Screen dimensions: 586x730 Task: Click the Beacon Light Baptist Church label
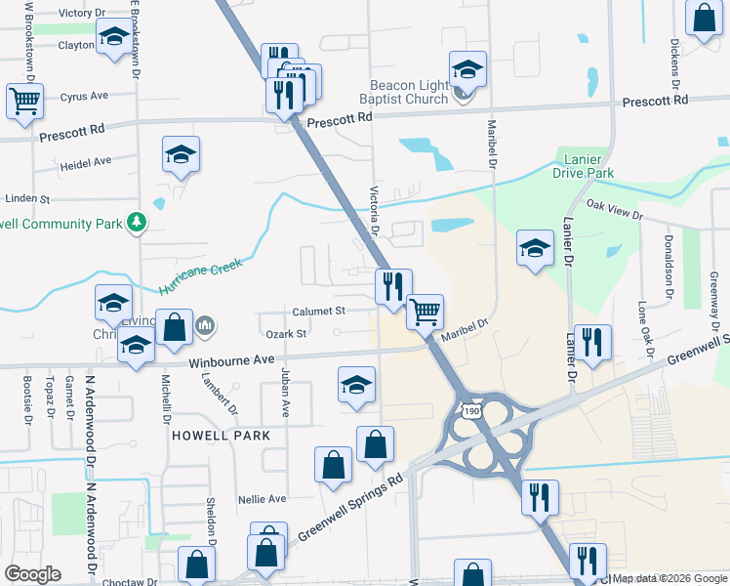tap(409, 92)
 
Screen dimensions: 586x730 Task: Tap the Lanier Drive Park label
tap(584, 165)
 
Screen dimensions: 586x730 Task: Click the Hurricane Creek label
tap(198, 276)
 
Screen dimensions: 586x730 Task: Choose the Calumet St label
tap(319, 312)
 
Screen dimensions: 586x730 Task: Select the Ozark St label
tap(287, 334)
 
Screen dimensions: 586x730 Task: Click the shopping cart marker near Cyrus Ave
tap(24, 100)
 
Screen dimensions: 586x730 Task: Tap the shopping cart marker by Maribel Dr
tap(425, 312)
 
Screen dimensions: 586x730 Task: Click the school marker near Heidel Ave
tap(181, 154)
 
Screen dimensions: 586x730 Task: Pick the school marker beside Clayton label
tap(113, 38)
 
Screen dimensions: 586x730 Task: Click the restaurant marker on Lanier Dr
tap(592, 342)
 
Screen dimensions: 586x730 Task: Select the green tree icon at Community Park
tap(138, 223)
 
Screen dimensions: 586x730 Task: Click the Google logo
tap(32, 574)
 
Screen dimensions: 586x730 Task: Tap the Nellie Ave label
tap(262, 499)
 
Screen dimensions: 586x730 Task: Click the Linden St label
tap(26, 198)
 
